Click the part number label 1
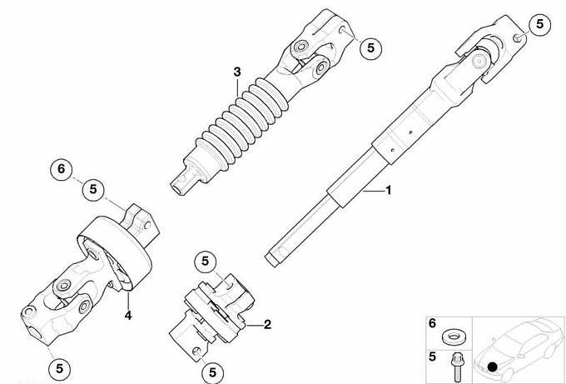tap(389, 190)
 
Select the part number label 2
tap(267, 324)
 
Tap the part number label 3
tap(236, 72)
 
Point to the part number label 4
tap(128, 316)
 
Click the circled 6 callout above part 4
tap(61, 169)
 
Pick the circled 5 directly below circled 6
tap(93, 189)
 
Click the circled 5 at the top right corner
tap(539, 24)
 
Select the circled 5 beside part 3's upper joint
tap(370, 47)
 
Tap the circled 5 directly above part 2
tap(205, 262)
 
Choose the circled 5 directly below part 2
tap(212, 372)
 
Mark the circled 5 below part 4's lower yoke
tap(60, 368)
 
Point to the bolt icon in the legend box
tap(455, 367)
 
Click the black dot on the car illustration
tap(492, 367)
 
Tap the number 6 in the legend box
tap(433, 323)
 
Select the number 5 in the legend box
tap(433, 357)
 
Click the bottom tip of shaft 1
tap(271, 259)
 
